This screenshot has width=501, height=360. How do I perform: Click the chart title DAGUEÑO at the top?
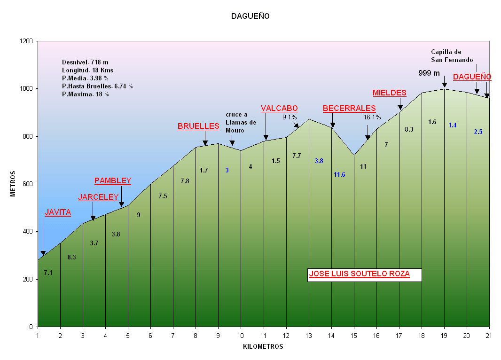(250, 16)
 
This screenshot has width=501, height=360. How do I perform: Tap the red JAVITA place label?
(57, 212)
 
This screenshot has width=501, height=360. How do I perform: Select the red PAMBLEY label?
(113, 181)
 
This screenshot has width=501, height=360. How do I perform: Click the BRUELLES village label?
(198, 126)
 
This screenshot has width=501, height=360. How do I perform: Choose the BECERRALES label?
(349, 109)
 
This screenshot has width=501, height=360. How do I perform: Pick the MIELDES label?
(389, 93)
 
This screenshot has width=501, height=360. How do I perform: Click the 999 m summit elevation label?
(429, 73)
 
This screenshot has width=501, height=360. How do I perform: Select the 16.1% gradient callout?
(372, 117)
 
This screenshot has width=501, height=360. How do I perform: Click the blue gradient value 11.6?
(339, 175)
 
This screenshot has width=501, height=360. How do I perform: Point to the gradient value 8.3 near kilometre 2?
(72, 257)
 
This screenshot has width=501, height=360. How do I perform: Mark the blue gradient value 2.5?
(478, 132)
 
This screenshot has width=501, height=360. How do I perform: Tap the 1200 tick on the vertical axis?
(26, 41)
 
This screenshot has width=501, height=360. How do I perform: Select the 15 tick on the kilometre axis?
(354, 335)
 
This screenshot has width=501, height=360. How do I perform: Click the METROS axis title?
(13, 184)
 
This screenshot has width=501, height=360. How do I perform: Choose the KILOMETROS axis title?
(263, 347)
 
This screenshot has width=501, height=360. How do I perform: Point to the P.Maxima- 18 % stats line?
(86, 94)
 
